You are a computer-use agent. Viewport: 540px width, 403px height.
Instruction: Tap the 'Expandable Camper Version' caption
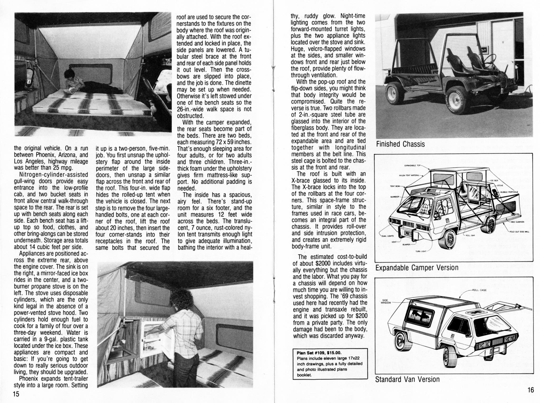coord(417,268)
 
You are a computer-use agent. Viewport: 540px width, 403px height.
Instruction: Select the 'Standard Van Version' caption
coord(407,379)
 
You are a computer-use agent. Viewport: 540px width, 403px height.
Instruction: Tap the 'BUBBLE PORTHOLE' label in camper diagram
coord(509,192)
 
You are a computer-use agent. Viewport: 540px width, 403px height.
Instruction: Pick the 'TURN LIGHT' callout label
coord(421,251)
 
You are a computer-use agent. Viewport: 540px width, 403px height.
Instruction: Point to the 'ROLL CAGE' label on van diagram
coord(479,290)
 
